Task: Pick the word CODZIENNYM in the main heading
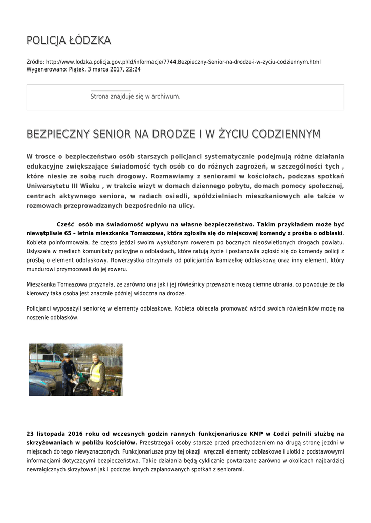pos(282,134)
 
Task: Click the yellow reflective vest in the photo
pos(96,372)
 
